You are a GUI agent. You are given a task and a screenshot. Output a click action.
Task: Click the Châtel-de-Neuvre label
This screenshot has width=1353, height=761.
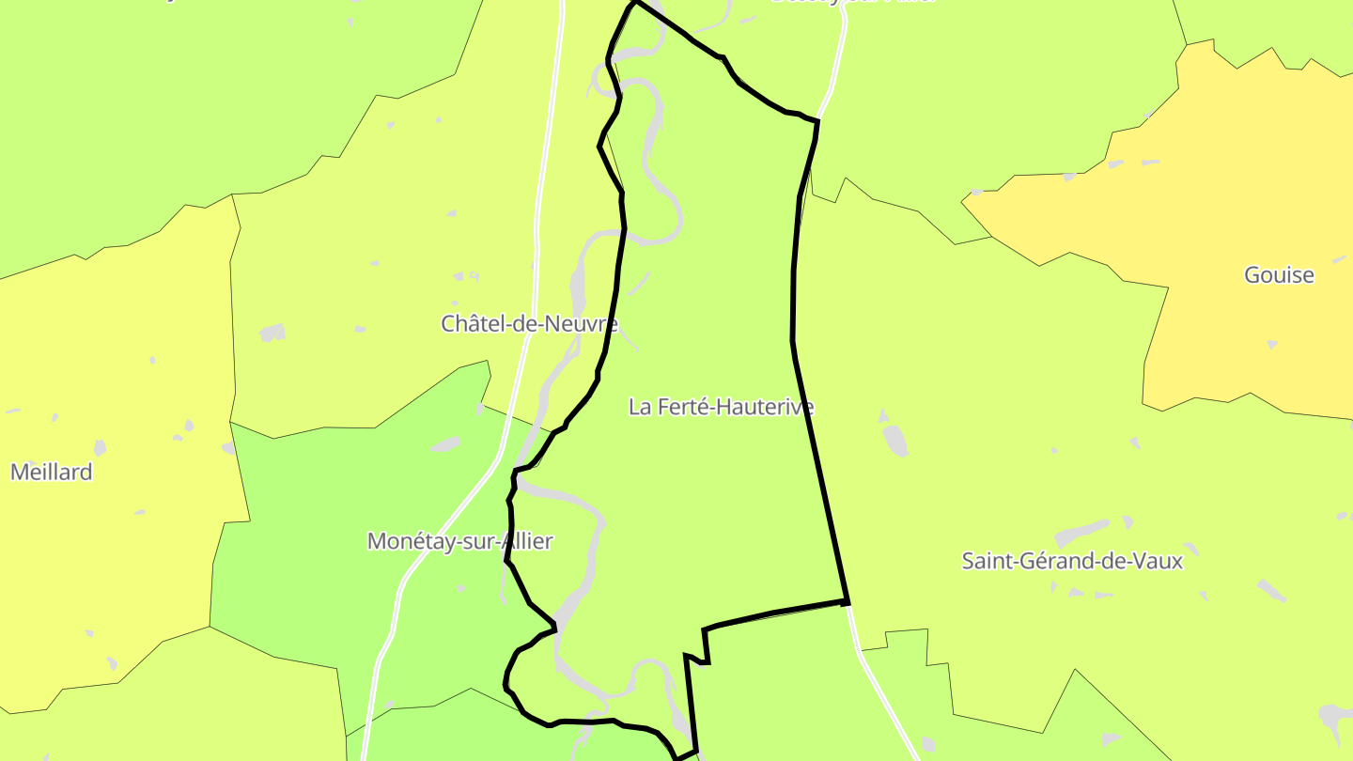click(529, 324)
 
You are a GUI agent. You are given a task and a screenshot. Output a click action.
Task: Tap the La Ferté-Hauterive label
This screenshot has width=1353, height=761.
click(721, 407)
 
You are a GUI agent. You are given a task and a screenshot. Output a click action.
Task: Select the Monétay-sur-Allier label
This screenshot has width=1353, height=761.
click(459, 541)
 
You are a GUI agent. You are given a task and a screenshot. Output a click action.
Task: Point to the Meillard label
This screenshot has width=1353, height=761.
click(52, 472)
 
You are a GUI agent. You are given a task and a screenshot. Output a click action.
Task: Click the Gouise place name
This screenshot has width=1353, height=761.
click(1279, 275)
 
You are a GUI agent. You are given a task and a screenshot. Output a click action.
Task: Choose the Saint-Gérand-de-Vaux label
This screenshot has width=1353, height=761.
click(1072, 561)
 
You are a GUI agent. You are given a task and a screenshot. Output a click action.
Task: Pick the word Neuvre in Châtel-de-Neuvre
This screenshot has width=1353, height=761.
click(587, 324)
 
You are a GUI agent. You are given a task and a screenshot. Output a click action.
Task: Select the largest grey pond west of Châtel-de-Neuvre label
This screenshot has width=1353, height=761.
click(272, 333)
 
